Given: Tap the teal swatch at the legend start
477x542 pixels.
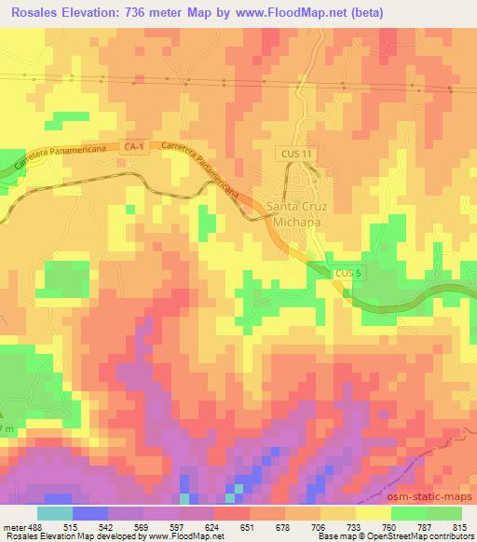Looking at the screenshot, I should (x=54, y=513).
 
